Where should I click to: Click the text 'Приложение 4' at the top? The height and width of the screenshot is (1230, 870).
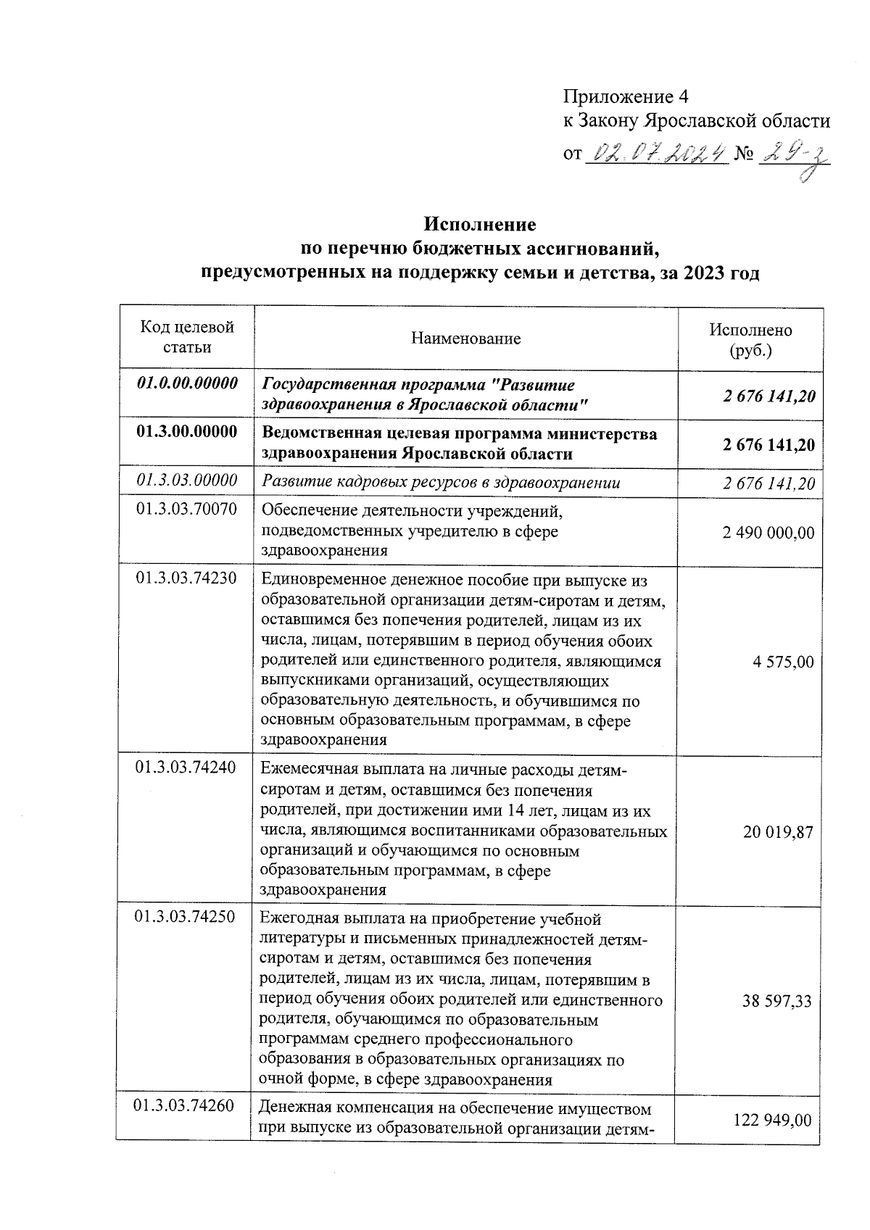[626, 96]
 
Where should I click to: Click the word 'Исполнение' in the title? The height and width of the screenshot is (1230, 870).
[480, 224]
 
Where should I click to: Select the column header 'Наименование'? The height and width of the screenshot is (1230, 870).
[465, 338]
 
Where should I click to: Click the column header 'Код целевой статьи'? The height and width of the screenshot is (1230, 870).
[187, 337]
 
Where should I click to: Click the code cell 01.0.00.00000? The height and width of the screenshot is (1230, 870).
[187, 384]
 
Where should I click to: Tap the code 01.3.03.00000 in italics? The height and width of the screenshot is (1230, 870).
[187, 480]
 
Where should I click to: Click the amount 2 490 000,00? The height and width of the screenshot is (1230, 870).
[768, 533]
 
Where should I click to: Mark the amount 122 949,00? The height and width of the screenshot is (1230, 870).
[773, 1121]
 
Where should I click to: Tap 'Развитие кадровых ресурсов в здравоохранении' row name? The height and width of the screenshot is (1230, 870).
[442, 482]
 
